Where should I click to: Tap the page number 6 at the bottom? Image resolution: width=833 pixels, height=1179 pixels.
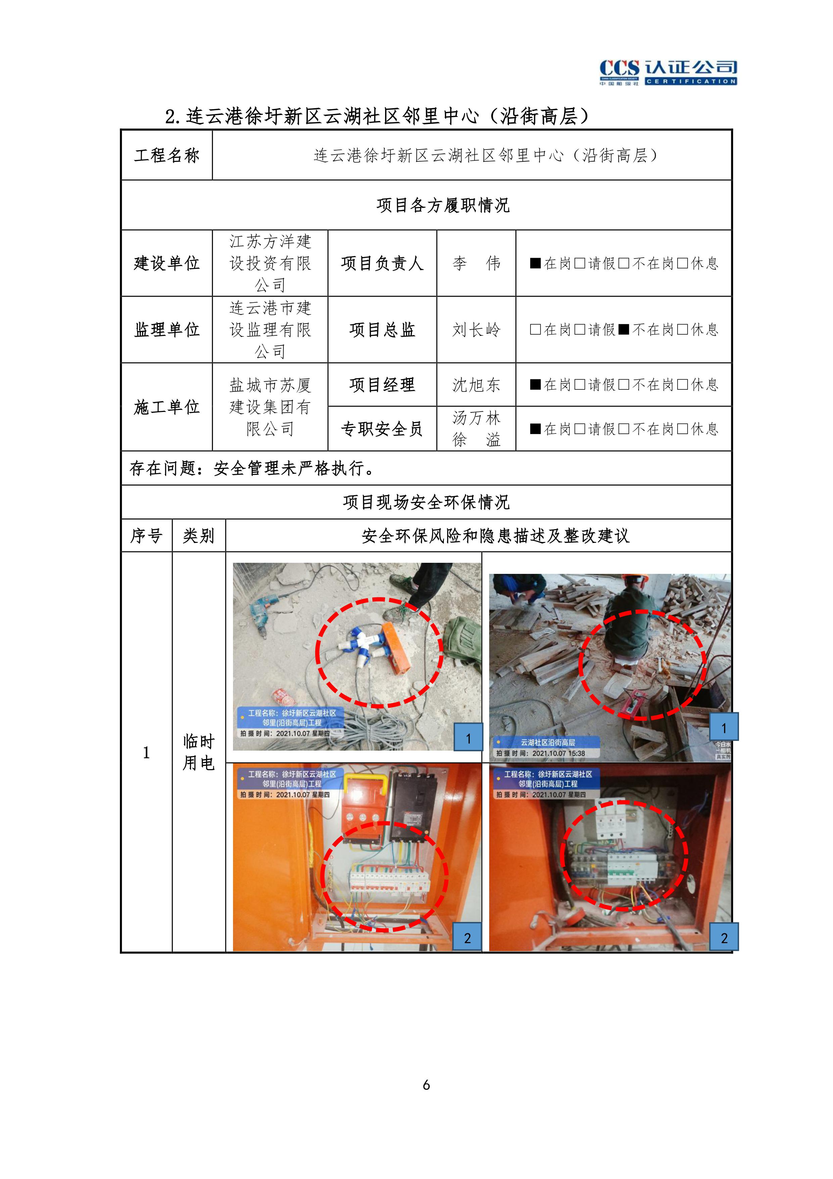(426, 1085)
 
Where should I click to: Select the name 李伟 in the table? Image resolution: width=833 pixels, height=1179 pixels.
(476, 263)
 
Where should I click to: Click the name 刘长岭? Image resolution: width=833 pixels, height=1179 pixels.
(476, 330)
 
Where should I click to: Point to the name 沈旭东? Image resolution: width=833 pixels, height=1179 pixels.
(476, 385)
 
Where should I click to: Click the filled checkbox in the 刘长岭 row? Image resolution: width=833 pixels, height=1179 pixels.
(623, 330)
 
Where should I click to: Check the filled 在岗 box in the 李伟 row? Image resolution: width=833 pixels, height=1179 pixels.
(535, 263)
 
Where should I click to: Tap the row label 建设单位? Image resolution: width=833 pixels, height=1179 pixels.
(167, 263)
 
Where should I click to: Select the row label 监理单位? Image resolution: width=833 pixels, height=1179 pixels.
(167, 330)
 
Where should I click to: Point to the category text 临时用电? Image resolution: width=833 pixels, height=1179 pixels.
(199, 752)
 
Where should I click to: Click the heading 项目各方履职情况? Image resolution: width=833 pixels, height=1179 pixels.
(443, 205)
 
